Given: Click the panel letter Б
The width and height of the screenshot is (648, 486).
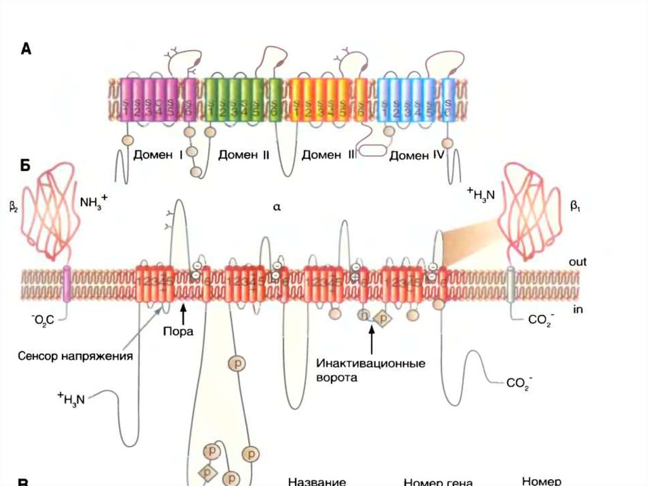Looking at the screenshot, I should (x=26, y=165).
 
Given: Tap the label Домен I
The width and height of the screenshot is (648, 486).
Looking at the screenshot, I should (x=158, y=155).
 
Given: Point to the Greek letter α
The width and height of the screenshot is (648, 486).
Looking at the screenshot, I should (x=277, y=207).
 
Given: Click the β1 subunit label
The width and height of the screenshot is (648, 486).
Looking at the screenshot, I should (x=575, y=207).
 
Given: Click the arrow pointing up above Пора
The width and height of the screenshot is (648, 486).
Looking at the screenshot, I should (x=183, y=313).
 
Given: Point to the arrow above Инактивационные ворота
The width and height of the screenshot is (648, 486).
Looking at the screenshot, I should (x=371, y=343).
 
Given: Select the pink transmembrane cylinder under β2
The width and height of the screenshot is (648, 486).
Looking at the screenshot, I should (x=66, y=281).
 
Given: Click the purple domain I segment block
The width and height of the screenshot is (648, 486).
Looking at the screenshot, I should (x=149, y=99).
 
